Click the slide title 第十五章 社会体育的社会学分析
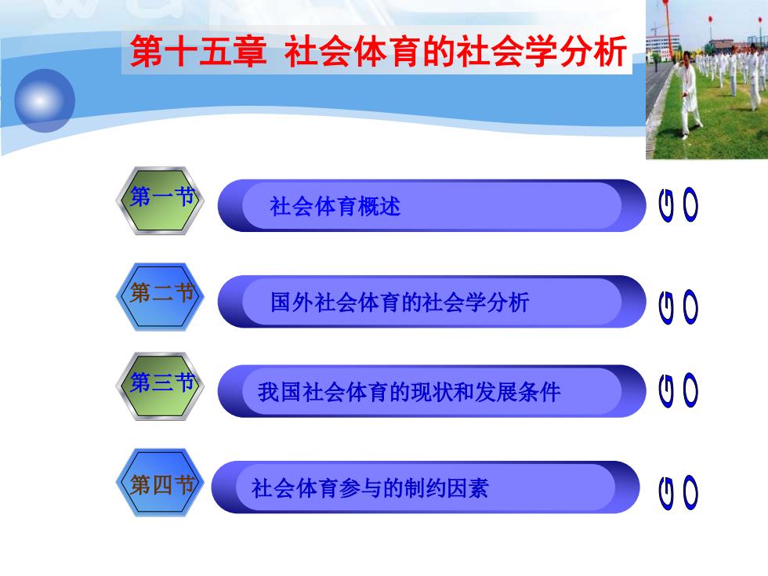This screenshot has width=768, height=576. coord(379,51)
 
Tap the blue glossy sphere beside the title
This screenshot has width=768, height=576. coord(45,100)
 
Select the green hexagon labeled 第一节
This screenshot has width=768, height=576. coord(160,201)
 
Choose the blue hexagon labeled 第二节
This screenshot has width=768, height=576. coord(160,296)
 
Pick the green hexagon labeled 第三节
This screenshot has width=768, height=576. coord(160,386)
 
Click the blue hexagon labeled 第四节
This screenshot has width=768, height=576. coord(160,483)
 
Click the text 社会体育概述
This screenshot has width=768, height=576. coord(335,206)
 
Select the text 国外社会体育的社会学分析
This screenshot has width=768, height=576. coord(400,302)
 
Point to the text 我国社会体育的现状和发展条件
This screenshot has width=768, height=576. coord(409,393)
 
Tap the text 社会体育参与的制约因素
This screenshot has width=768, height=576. coord(370,487)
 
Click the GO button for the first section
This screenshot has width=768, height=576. coord(679,205)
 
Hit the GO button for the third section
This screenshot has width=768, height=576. coord(679,390)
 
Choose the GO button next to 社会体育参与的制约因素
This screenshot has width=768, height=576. coord(679,492)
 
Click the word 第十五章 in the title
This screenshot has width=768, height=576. coord(198,51)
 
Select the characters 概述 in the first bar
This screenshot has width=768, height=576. coord(379,206)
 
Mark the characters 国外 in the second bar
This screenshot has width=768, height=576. coord(292,302)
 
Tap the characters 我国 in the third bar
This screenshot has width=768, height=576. coord(279,393)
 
